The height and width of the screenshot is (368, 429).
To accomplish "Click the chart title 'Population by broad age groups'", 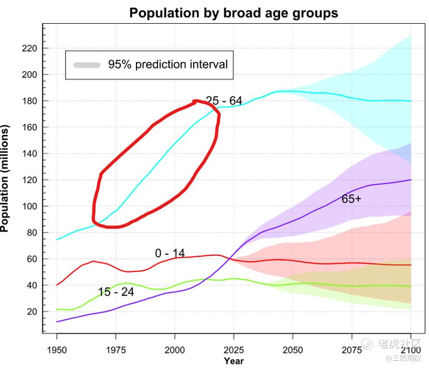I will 234,12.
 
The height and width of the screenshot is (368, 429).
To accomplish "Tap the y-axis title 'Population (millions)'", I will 6,178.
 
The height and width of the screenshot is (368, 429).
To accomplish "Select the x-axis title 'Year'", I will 234,361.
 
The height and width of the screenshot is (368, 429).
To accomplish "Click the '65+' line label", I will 351,198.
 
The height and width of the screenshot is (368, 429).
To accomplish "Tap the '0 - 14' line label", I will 170,253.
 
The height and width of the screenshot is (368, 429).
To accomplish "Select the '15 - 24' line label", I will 116,292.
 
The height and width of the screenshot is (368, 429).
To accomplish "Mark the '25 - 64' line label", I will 224,101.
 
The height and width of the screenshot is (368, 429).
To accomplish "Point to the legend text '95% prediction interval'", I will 167,65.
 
